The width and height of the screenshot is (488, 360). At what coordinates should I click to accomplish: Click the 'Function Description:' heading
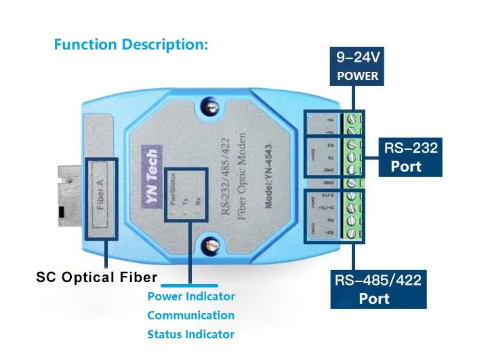(x=131, y=45)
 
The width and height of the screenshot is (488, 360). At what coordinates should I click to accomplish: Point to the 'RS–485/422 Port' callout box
(x=379, y=289)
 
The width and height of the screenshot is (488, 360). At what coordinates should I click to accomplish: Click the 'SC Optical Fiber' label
(x=96, y=277)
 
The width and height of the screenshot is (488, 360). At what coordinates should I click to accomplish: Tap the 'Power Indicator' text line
(x=191, y=296)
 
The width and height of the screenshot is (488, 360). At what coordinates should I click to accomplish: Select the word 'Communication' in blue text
(x=190, y=315)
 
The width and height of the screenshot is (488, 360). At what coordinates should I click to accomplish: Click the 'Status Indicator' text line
(x=190, y=334)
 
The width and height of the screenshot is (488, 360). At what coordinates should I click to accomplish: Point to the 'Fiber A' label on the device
(x=101, y=196)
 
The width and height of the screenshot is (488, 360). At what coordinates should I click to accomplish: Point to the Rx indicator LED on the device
(x=198, y=213)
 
